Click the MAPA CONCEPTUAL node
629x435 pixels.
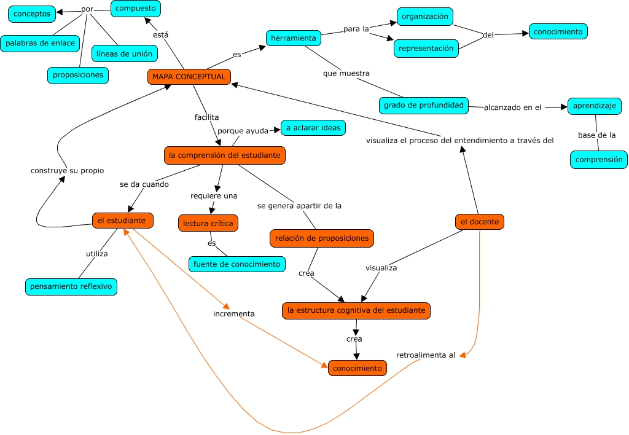click(189, 77)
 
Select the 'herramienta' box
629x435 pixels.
click(294, 38)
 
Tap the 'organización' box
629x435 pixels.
click(424, 17)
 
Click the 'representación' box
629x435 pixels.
click(426, 48)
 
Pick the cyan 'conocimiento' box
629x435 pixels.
click(558, 31)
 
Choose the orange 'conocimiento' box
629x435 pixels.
click(357, 368)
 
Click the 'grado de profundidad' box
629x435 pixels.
click(423, 105)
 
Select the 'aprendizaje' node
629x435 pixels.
click(594, 106)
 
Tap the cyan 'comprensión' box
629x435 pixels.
click(598, 160)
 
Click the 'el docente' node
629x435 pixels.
click(479, 222)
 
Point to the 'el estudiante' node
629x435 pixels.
click(122, 220)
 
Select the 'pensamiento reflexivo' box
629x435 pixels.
click(71, 286)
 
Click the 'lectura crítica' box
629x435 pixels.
click(208, 223)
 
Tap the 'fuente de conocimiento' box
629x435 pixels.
click(236, 264)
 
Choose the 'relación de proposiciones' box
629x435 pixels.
click(321, 238)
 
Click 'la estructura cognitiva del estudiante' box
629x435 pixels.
click(356, 310)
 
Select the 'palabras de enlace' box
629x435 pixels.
click(41, 43)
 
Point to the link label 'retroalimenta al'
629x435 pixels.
click(426, 355)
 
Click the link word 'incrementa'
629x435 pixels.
click(233, 313)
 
